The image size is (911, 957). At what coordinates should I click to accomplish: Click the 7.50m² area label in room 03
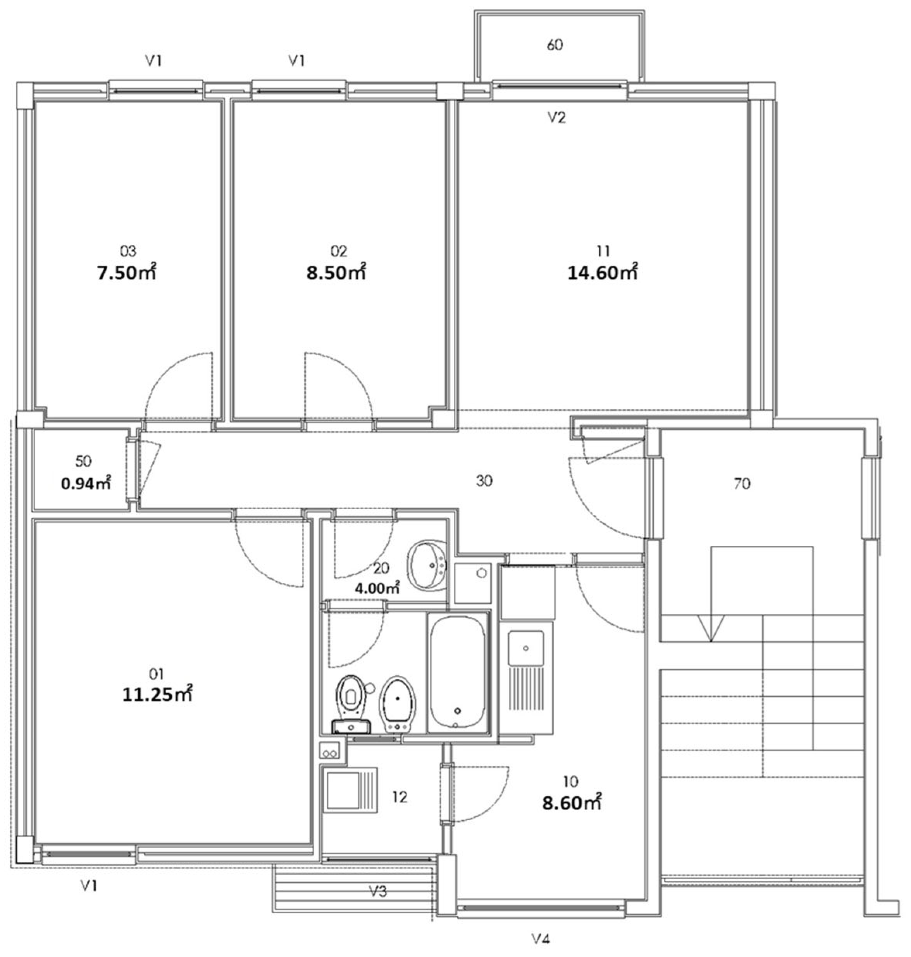point(127,273)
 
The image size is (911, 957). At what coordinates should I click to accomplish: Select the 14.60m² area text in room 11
point(602,273)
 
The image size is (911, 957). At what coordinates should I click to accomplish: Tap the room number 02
point(339,251)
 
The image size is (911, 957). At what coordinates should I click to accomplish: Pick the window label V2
point(556,117)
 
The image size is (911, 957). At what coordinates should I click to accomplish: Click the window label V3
point(378,892)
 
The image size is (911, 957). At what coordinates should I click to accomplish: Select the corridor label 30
point(484,481)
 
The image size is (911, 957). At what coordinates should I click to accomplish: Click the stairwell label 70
point(742,483)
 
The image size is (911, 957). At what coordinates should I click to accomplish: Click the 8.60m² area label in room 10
point(572,803)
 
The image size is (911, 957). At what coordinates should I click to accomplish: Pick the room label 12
point(400,797)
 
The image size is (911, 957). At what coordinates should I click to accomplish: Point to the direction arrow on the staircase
point(710,627)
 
